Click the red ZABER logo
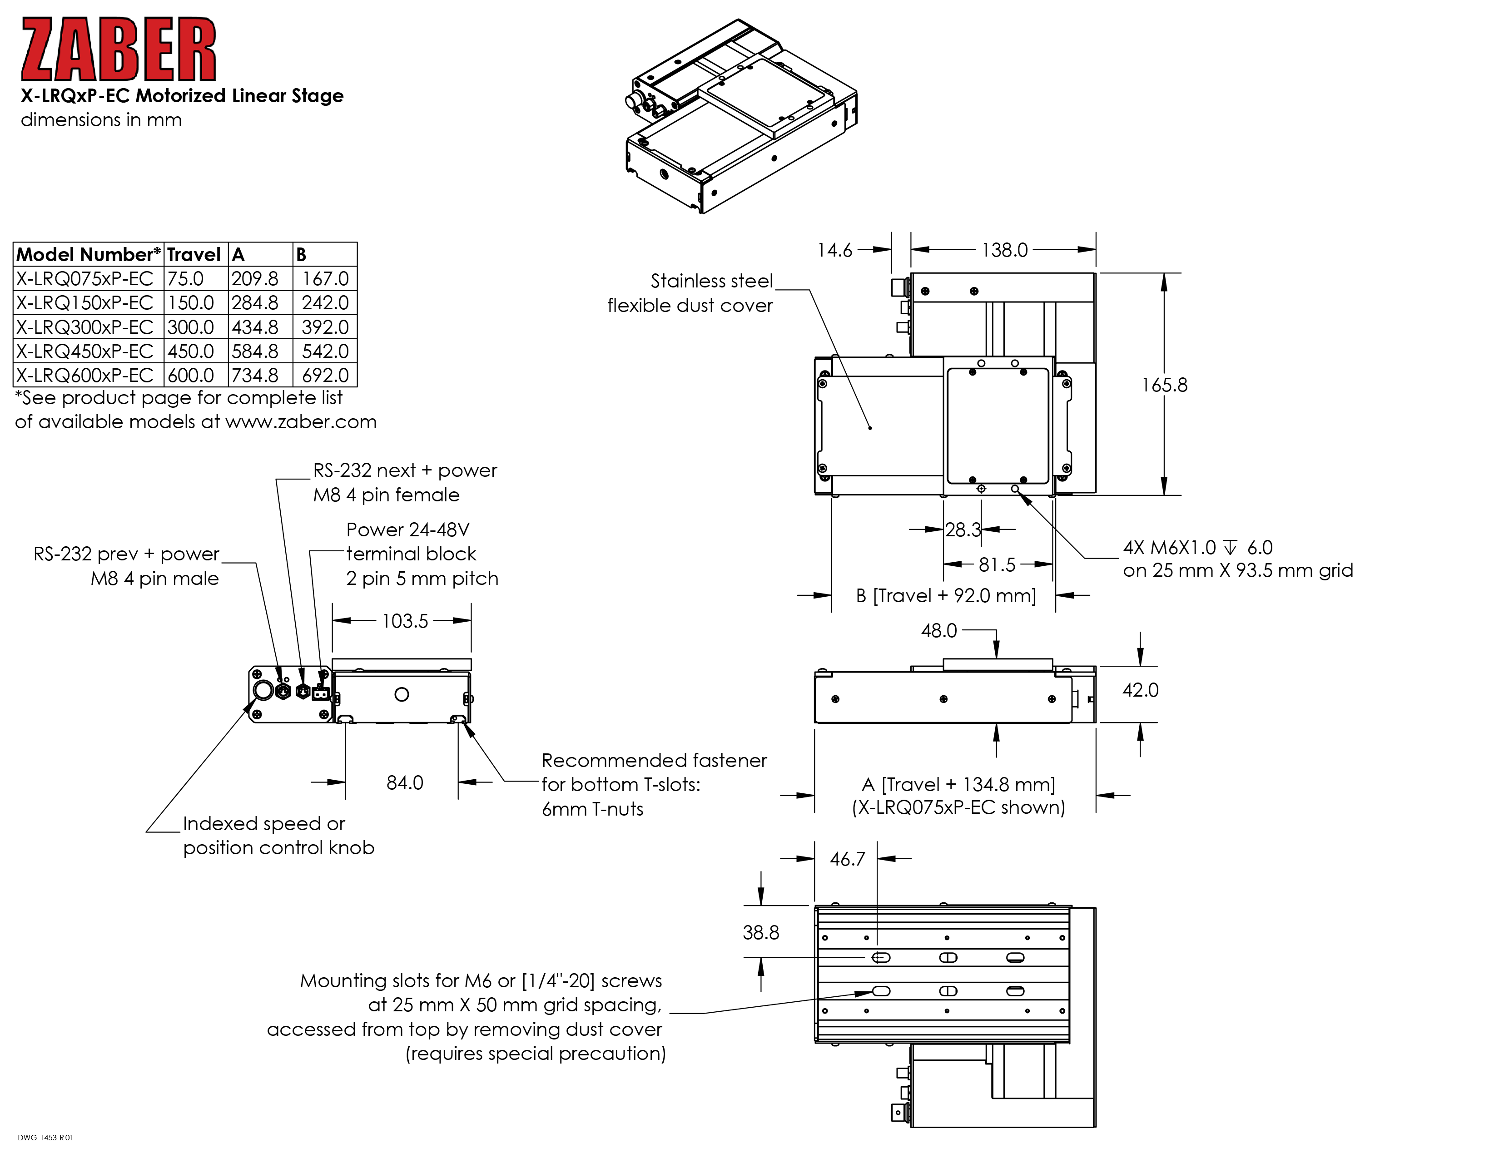[x=118, y=50]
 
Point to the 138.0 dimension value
[x=1004, y=250]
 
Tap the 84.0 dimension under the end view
[x=404, y=783]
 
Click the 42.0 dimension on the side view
[x=1140, y=690]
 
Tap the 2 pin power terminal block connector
[x=320, y=693]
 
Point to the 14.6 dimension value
[x=834, y=250]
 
